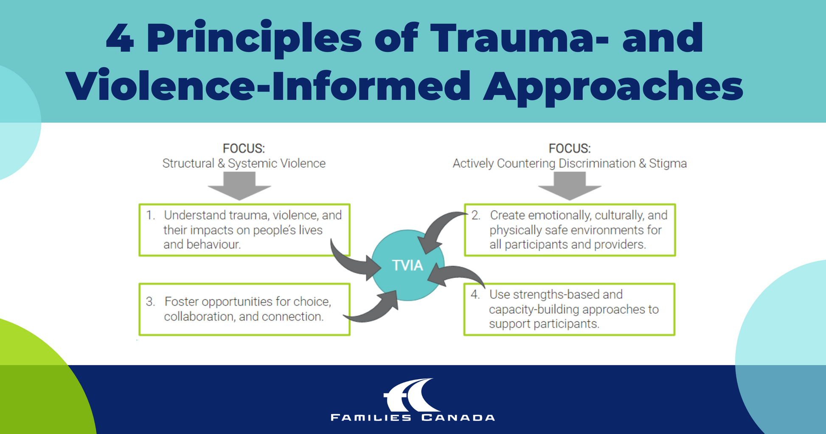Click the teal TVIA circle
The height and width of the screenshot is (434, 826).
(407, 265)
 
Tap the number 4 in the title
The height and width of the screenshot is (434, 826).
(120, 39)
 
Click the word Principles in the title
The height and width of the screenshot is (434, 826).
(254, 39)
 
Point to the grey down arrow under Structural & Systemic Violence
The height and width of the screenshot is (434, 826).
(239, 187)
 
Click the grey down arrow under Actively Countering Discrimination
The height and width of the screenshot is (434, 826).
(569, 187)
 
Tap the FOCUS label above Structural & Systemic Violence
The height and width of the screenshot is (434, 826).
(244, 148)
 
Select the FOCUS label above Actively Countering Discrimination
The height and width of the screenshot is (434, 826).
(569, 148)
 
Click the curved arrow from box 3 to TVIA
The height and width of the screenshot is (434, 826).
(374, 310)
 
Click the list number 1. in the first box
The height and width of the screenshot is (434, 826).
(151, 215)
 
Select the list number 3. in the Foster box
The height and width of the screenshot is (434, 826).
(151, 302)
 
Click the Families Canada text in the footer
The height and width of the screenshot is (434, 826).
(413, 417)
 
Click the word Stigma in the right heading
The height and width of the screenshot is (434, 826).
(667, 163)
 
